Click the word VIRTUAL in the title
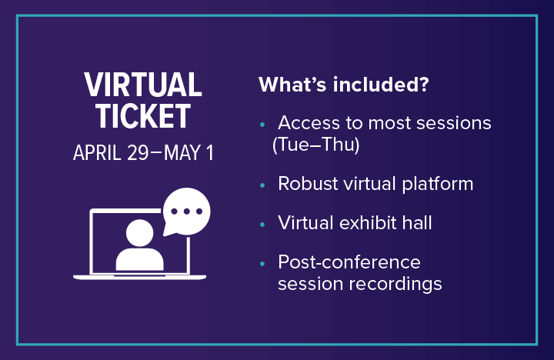coord(143,85)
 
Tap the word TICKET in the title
coord(143,116)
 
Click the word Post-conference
coord(349,262)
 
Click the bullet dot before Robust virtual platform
coord(262,185)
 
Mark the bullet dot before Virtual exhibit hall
coord(262,224)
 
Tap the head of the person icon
coord(141,232)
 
